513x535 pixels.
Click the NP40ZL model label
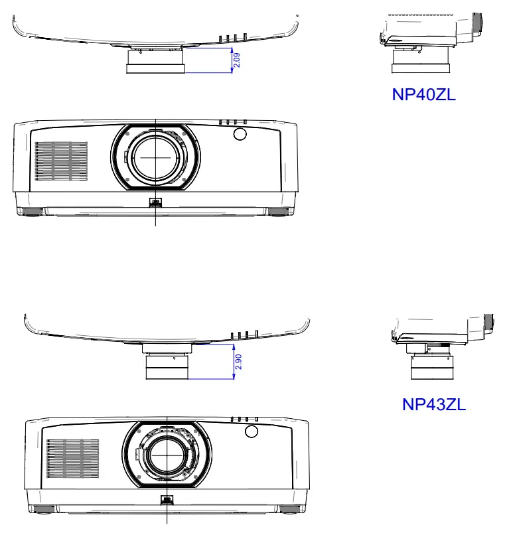point(423,95)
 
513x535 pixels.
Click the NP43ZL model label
point(434,404)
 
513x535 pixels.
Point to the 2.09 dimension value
point(237,60)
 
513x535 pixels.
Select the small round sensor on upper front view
point(240,135)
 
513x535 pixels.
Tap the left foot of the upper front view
point(31,212)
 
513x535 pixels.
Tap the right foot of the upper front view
point(279,212)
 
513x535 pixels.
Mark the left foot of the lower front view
point(42,510)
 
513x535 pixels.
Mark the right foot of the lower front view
point(289,510)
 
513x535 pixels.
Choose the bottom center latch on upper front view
point(156,203)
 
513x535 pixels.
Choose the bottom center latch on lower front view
point(167,501)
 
